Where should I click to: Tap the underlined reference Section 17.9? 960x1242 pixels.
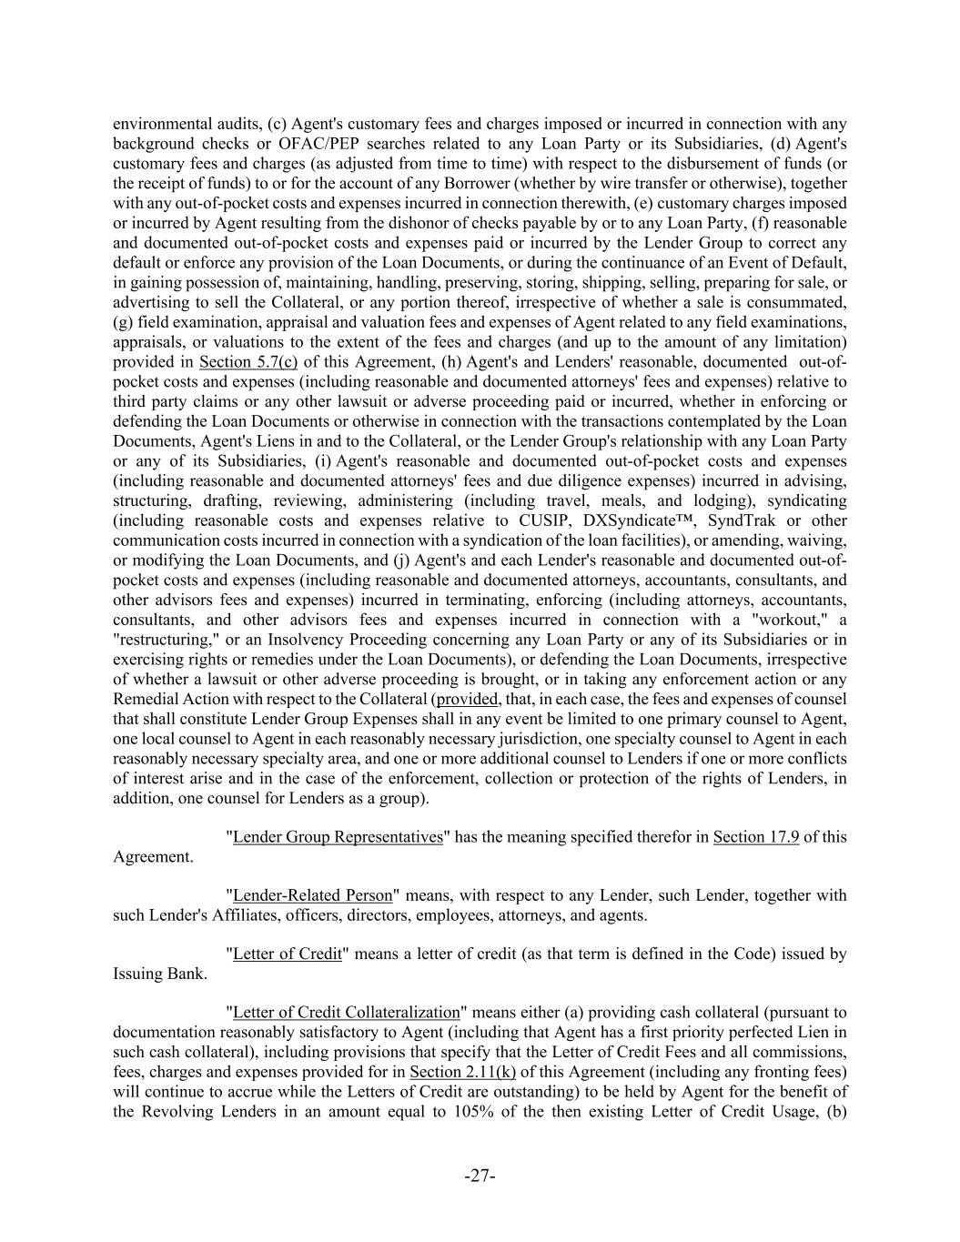pyautogui.click(x=755, y=837)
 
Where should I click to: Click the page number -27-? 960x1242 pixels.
pyautogui.click(x=480, y=1176)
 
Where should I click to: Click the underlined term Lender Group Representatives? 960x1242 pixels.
pyautogui.click(x=338, y=837)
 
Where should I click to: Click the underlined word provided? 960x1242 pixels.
pyautogui.click(x=468, y=700)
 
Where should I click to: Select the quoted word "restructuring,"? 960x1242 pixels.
pyautogui.click(x=163, y=640)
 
